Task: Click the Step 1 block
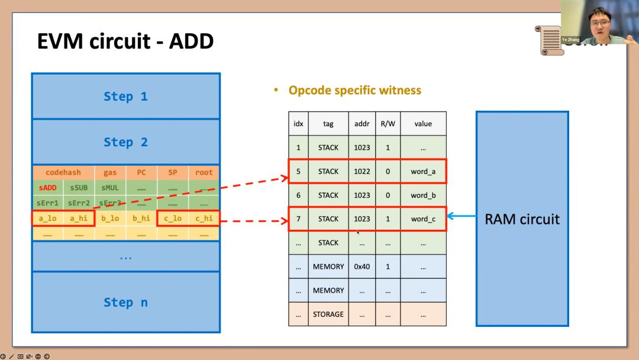click(x=125, y=97)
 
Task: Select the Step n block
click(x=125, y=302)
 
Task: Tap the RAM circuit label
click(x=522, y=219)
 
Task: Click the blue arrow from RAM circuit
click(x=461, y=217)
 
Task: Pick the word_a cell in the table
click(x=423, y=171)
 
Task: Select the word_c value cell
click(x=423, y=219)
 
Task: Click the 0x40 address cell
click(x=362, y=266)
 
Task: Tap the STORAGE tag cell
click(x=328, y=314)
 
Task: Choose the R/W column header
click(x=388, y=124)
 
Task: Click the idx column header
click(x=298, y=124)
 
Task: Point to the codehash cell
click(x=63, y=173)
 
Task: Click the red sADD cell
click(x=48, y=188)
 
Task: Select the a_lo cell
click(x=48, y=218)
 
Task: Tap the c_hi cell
click(x=204, y=218)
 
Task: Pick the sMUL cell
click(x=110, y=188)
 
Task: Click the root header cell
click(x=204, y=173)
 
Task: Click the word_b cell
click(x=423, y=195)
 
